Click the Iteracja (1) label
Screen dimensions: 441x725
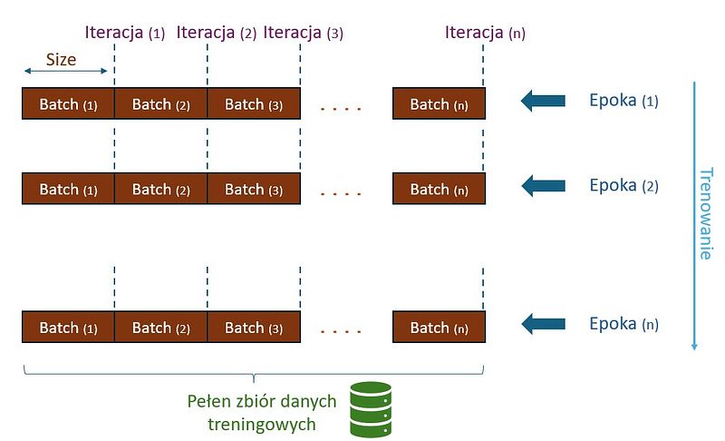pos(125,34)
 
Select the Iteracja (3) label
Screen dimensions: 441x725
pos(303,34)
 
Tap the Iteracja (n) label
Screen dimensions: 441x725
pos(485,34)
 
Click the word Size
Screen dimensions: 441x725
pos(62,60)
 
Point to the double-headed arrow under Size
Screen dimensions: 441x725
pos(65,72)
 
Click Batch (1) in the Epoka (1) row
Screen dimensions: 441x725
pos(68,104)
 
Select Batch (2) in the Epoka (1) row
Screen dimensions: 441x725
pos(161,104)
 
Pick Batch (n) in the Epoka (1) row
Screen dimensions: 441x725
pos(439,104)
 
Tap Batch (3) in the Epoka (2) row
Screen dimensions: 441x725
pos(254,190)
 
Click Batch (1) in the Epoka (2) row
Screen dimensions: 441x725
pos(68,190)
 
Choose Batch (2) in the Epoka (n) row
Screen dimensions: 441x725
pos(161,328)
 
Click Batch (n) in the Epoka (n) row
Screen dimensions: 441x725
pos(439,328)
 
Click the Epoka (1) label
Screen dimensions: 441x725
pos(623,101)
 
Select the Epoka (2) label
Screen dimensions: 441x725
pos(623,186)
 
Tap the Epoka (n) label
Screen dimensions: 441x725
pos(623,324)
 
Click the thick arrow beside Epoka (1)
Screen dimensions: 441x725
pos(543,102)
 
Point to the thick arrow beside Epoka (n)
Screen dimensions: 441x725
pos(543,324)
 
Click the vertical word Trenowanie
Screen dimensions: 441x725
pos(705,213)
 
